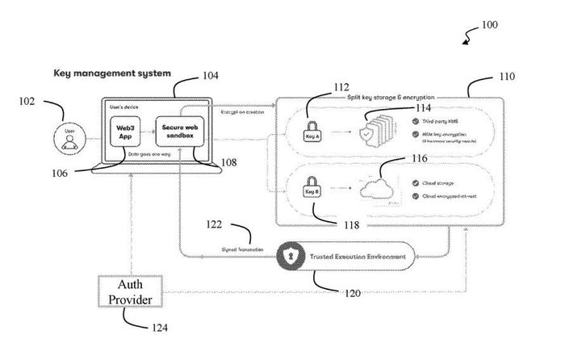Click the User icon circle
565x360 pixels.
pos(69,134)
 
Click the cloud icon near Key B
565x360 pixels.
pos(377,190)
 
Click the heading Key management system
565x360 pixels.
pos(112,73)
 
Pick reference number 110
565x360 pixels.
pos(506,78)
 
